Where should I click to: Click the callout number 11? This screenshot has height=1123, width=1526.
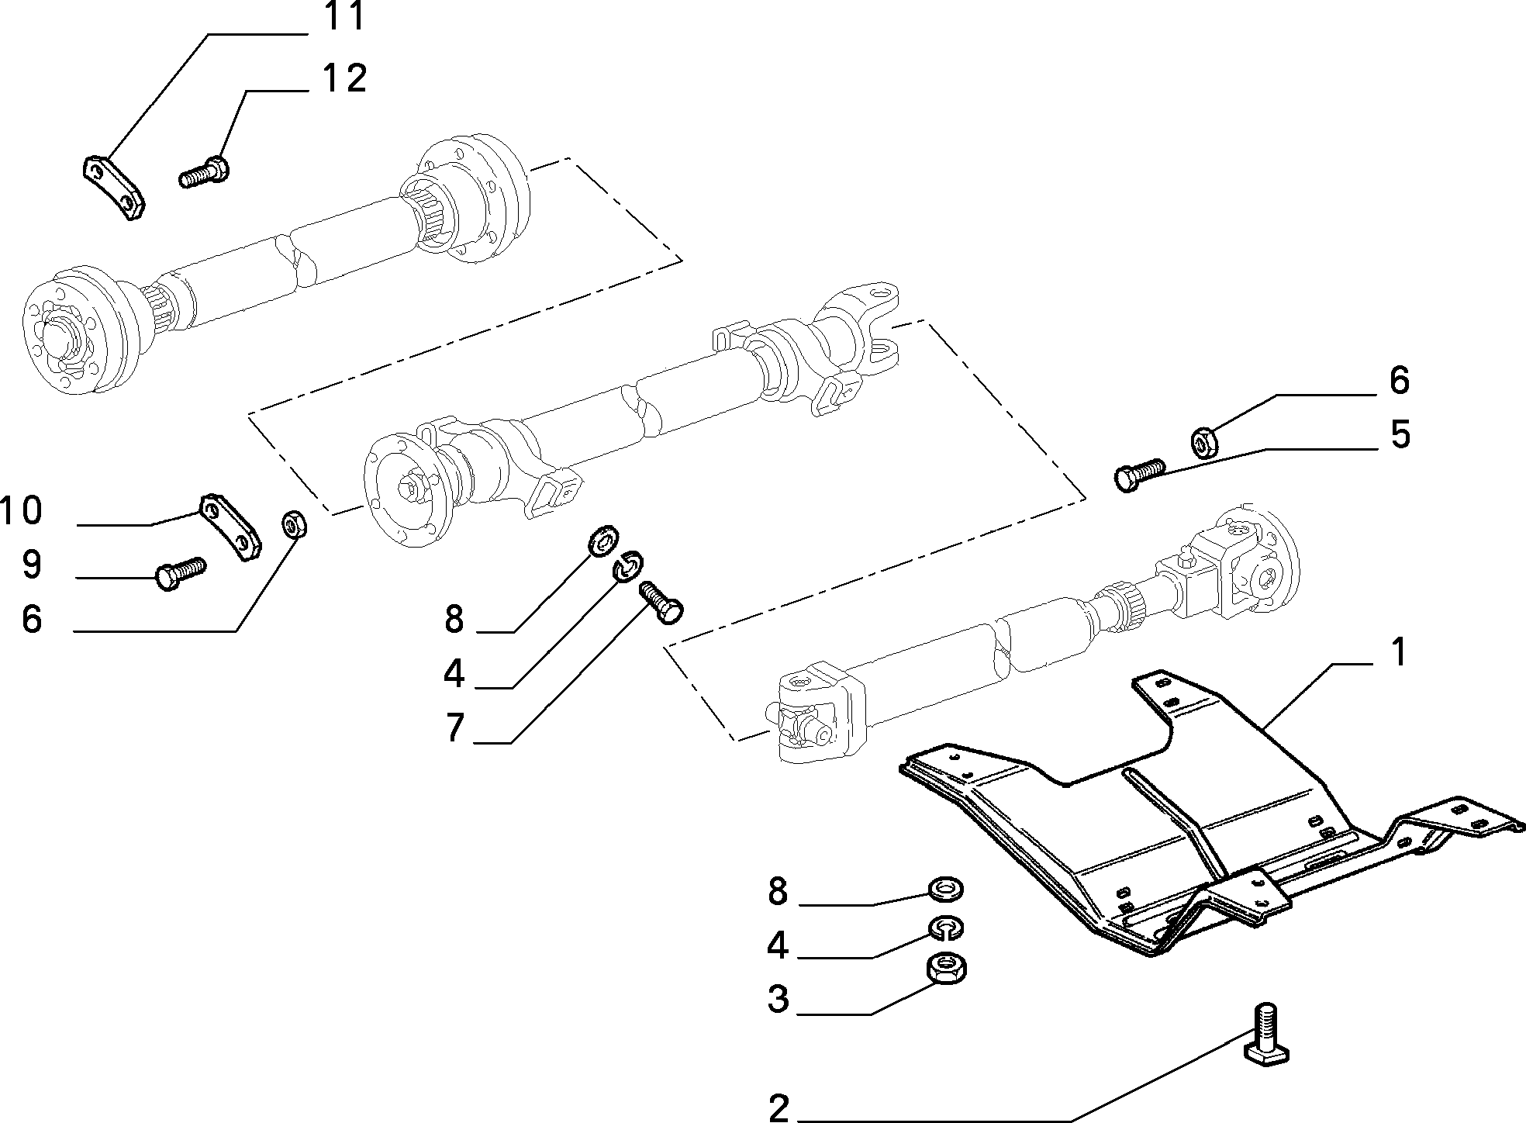(343, 16)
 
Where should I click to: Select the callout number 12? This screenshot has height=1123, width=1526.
(343, 78)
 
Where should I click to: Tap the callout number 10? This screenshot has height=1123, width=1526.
(22, 510)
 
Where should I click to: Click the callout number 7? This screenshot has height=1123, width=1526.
(455, 727)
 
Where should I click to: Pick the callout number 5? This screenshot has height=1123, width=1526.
(1400, 434)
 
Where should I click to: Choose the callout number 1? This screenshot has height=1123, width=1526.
(1397, 652)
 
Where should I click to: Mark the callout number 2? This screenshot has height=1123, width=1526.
(778, 1107)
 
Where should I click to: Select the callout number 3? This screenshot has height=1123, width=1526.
(778, 999)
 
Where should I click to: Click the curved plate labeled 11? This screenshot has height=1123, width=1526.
(114, 188)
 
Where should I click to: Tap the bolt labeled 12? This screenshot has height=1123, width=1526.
(203, 171)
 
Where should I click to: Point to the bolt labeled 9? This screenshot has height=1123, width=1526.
(181, 573)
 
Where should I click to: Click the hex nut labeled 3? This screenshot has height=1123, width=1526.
(947, 969)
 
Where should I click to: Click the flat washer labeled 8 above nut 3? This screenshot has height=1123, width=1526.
(946, 890)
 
